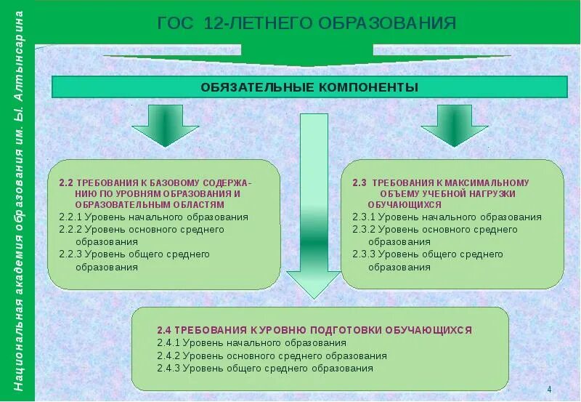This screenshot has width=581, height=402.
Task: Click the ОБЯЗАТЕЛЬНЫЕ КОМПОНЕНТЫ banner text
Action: pyautogui.click(x=309, y=87)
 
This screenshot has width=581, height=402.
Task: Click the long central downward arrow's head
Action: pyautogui.click(x=314, y=284)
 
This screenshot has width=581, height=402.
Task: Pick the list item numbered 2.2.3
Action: pyautogui.click(x=136, y=254)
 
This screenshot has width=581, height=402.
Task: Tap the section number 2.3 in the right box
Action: pyautogui.click(x=359, y=183)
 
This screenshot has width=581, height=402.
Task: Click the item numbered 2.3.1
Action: pyautogui.click(x=447, y=217)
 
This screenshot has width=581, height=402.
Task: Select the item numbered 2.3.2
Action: pyautogui.click(x=434, y=229)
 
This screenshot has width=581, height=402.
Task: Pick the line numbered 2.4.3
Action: pyautogui.click(x=264, y=369)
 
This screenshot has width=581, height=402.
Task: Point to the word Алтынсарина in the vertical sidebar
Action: pyautogui.click(x=19, y=55)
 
